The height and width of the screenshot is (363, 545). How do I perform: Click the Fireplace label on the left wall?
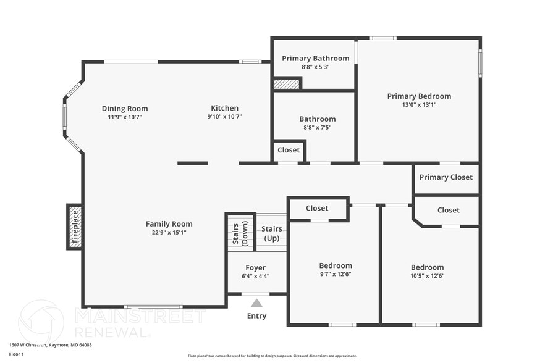point(75,227)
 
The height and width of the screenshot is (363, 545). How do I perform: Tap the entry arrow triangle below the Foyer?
point(256,302)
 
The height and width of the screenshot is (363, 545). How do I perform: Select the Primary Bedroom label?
point(419,96)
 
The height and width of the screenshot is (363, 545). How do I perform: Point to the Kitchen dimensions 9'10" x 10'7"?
point(224,117)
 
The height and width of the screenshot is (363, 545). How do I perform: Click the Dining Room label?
point(125,109)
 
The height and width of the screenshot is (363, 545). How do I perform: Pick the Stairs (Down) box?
point(240,232)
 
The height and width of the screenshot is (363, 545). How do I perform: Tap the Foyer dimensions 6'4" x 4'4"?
point(256,277)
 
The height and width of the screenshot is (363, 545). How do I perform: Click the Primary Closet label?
point(446,177)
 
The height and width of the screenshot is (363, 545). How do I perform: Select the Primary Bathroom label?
point(315,59)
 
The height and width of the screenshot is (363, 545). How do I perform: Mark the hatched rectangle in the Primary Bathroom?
point(286,84)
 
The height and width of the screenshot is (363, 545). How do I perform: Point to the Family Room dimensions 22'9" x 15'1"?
point(169,233)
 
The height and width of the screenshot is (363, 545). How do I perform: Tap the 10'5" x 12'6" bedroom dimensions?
point(427,276)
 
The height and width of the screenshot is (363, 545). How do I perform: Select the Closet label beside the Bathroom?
point(289,150)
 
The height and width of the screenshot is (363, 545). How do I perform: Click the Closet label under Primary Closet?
point(448,210)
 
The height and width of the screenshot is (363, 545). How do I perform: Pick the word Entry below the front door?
point(256,316)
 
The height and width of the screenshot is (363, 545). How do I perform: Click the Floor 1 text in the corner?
point(16,354)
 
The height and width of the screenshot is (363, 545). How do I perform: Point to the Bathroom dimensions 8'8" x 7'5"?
point(317,128)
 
